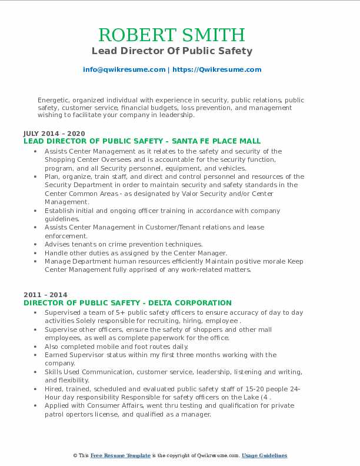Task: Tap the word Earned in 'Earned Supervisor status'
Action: click(56, 355)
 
